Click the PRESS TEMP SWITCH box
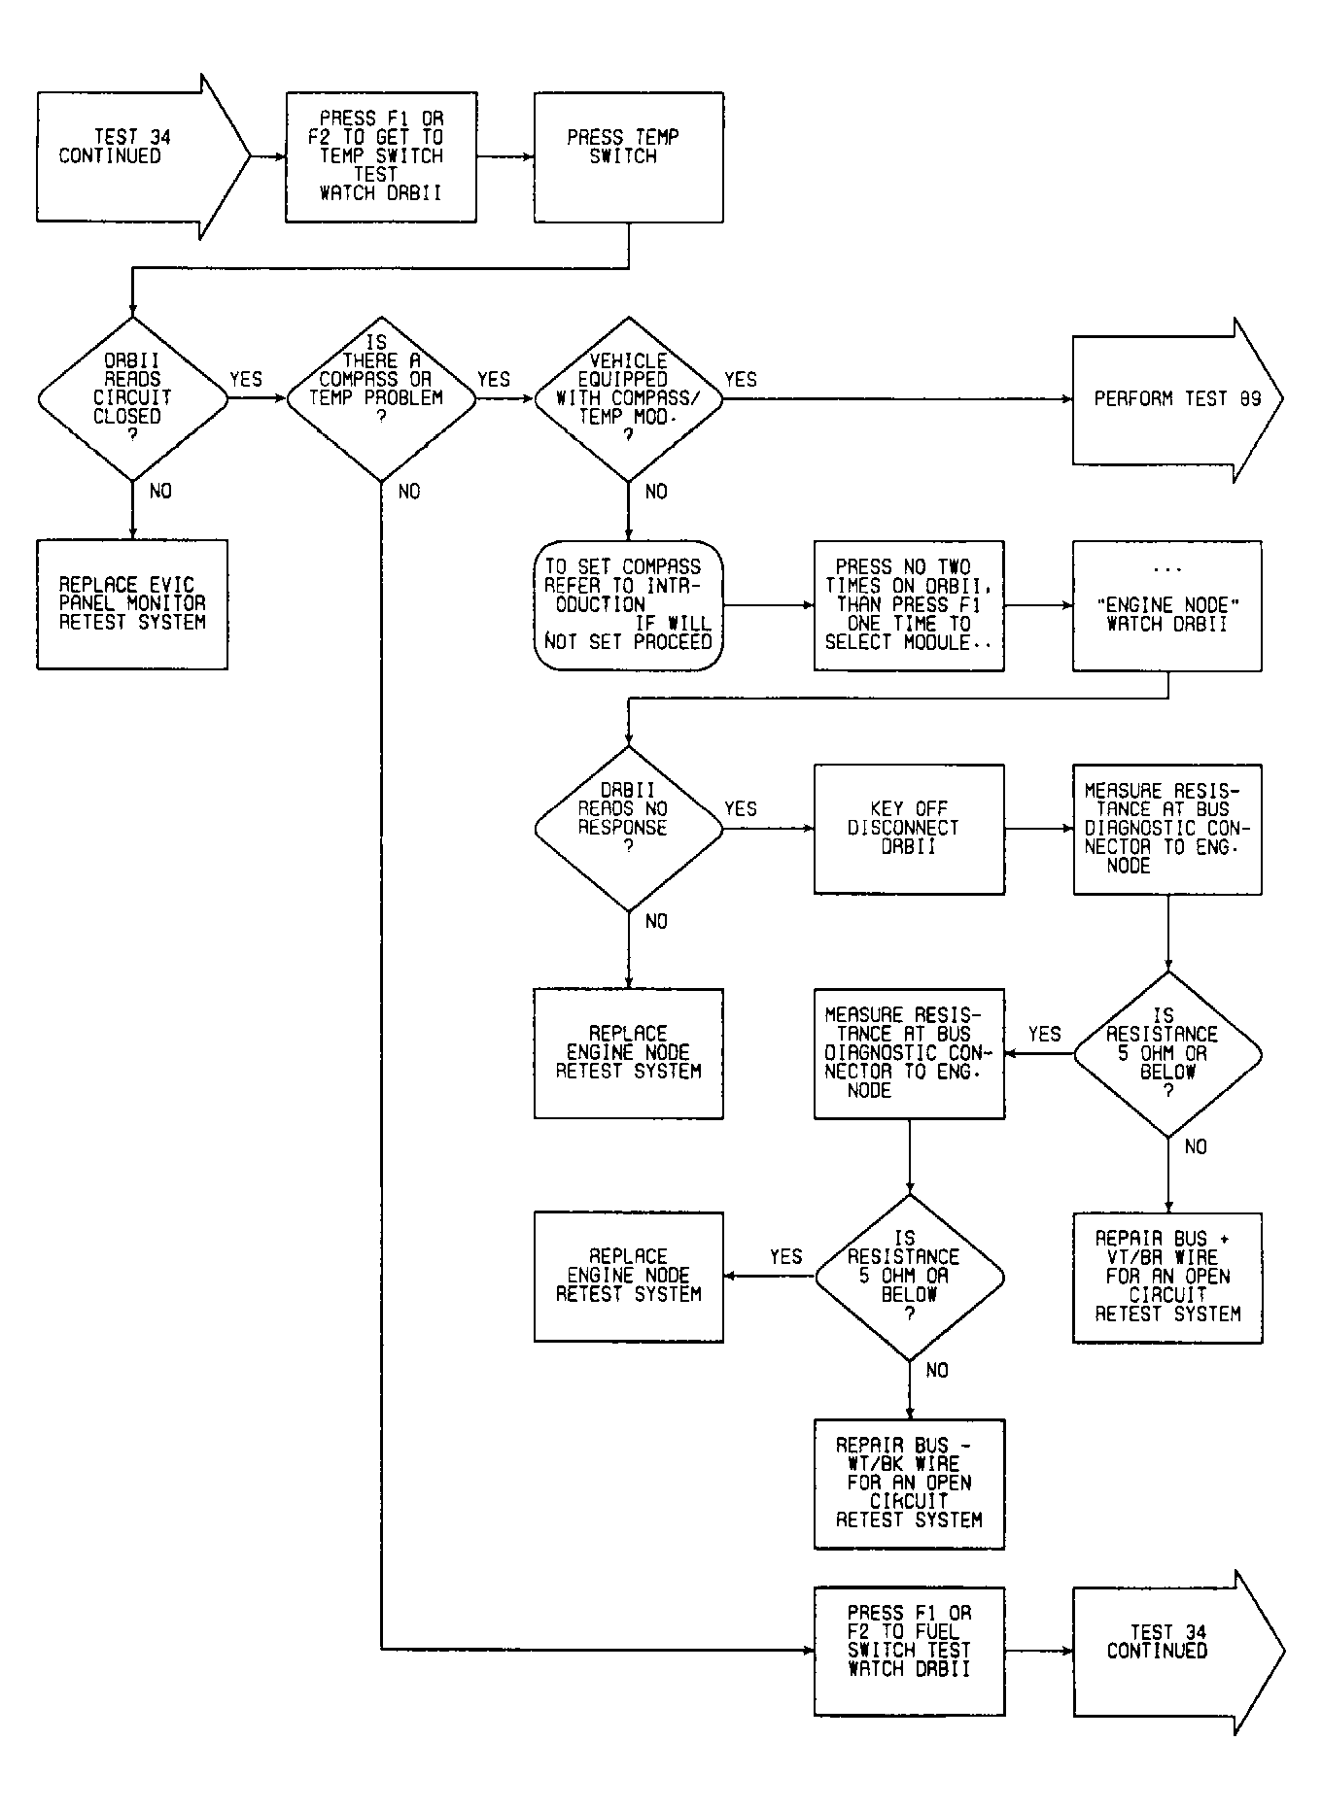coord(628,157)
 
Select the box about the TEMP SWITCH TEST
coord(381,157)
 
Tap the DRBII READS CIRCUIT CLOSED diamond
coord(132,398)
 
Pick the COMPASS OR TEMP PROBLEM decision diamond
coord(381,398)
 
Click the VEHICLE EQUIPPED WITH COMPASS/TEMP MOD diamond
coord(629,398)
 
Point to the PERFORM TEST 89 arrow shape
coord(1177,399)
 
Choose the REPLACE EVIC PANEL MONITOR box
coord(132,604)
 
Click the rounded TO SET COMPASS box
coord(629,605)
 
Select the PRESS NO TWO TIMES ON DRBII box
coord(909,605)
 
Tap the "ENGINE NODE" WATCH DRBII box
coord(1167,605)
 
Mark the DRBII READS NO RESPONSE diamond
coord(629,829)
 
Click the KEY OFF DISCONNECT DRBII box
coord(909,829)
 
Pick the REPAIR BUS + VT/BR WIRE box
coord(1167,1278)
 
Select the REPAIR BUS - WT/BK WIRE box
coord(909,1484)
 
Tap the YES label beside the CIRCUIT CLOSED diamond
coord(246,380)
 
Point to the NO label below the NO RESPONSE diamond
coord(656,921)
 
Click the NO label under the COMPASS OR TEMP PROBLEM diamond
coord(409,492)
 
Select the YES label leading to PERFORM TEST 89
coord(741,380)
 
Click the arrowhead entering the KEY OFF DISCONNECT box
coord(808,829)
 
